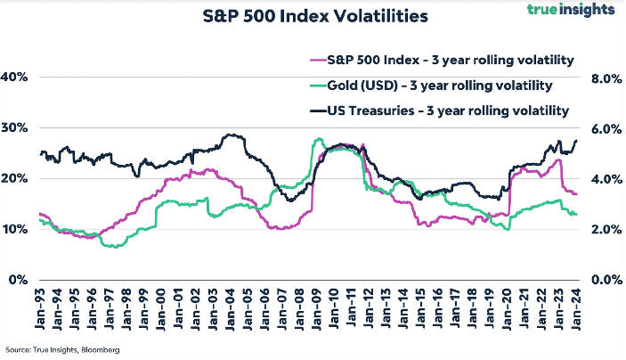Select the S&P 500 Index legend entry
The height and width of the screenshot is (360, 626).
tap(441, 61)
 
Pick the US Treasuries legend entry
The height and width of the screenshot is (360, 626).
tap(441, 111)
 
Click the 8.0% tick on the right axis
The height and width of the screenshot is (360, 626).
tap(606, 78)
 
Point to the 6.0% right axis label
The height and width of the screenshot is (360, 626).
tap(606, 128)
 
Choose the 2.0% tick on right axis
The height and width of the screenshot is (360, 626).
tap(606, 229)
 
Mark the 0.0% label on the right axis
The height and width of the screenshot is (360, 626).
tap(606, 280)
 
